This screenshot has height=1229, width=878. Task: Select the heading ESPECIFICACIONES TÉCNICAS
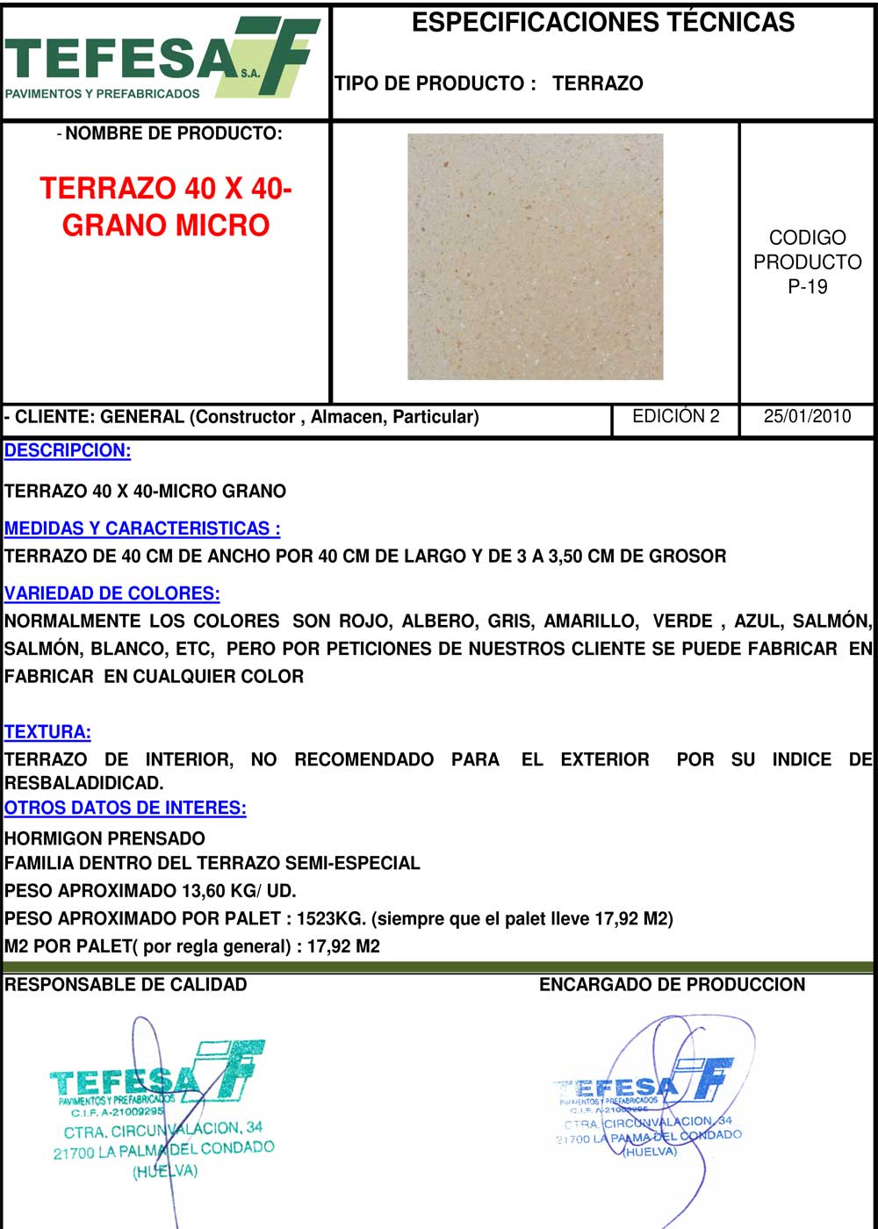[603, 22]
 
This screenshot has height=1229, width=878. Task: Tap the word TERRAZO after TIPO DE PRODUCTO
[598, 83]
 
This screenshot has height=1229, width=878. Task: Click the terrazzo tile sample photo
[535, 256]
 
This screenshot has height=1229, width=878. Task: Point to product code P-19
[807, 286]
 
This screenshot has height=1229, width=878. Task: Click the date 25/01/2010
[807, 416]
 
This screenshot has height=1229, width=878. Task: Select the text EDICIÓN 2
[675, 416]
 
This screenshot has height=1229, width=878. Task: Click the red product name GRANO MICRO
[166, 226]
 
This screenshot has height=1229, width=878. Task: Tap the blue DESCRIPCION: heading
[68, 451]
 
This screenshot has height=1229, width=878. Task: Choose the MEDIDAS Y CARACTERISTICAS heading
[142, 528]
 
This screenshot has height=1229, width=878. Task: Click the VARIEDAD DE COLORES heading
[112, 593]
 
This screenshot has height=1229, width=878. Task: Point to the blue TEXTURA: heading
[47, 732]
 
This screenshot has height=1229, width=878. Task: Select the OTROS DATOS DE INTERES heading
[125, 808]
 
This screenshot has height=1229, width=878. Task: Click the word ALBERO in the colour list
[437, 622]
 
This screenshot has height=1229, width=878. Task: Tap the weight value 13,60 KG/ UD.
[238, 891]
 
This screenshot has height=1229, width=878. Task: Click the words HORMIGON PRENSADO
[104, 838]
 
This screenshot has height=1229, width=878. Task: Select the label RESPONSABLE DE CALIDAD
[126, 985]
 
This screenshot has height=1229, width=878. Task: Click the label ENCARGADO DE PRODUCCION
[672, 985]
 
